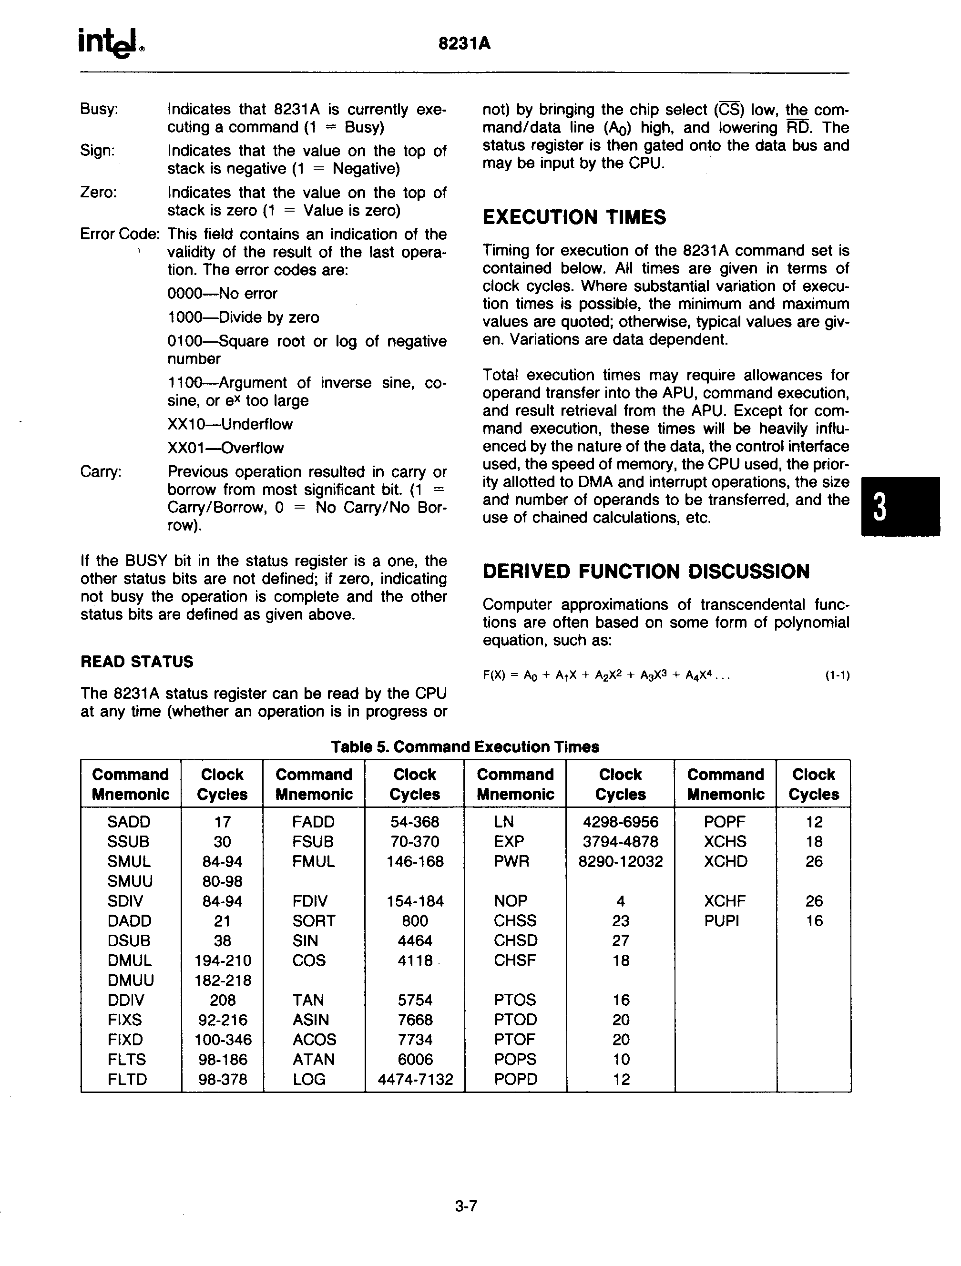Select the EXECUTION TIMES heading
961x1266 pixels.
click(x=574, y=217)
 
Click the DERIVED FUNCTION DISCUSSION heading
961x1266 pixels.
click(x=645, y=571)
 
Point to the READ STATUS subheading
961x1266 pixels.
click(x=137, y=662)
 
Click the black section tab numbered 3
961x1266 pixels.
click(x=900, y=507)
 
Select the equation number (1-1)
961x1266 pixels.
click(x=837, y=675)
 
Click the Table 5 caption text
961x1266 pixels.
click(x=465, y=747)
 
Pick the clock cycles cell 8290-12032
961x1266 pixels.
click(x=621, y=861)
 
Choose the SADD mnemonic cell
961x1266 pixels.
click(x=129, y=822)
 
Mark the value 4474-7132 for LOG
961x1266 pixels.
click(x=415, y=1080)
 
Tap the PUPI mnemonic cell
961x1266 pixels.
click(x=722, y=921)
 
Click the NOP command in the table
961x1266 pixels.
click(x=511, y=901)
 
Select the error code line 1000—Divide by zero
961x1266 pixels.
click(x=243, y=317)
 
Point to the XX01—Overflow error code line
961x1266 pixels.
click(x=225, y=448)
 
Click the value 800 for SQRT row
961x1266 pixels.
click(x=415, y=921)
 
